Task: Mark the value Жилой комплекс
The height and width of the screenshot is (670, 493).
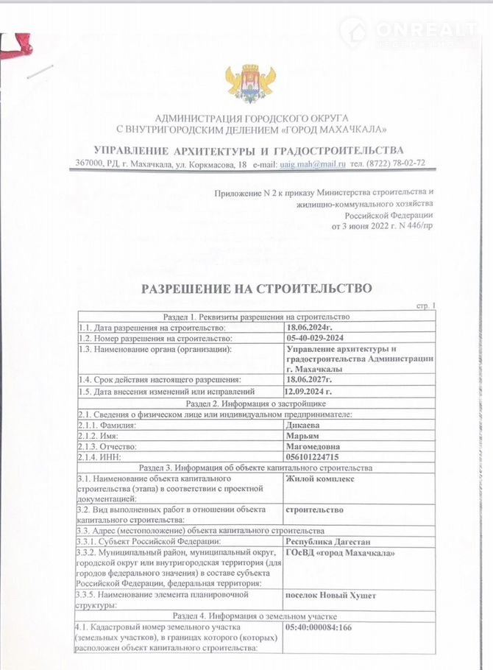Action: [x=319, y=479]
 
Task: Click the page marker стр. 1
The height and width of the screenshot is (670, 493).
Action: [x=425, y=306]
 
